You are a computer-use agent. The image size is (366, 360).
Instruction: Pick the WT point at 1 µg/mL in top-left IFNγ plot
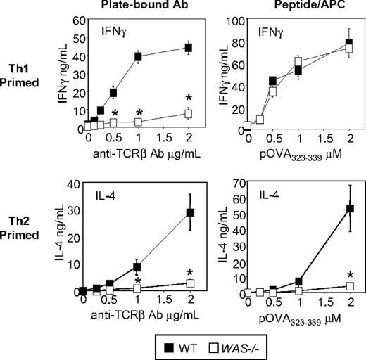click(139, 56)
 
